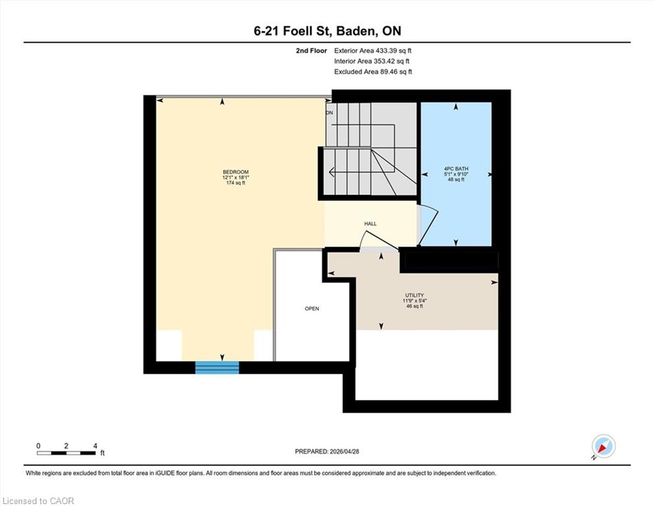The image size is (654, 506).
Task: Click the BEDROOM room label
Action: coord(236,172)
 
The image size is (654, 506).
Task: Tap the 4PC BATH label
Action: coord(456,169)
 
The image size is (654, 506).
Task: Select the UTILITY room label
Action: coord(414,295)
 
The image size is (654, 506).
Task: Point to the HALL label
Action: coord(370,223)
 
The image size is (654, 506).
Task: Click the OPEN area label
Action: coord(312,309)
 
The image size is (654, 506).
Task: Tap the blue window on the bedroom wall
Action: coord(217,368)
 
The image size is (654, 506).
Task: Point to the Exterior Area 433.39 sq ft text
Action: coord(373,51)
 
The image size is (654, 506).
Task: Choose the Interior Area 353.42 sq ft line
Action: coord(371,61)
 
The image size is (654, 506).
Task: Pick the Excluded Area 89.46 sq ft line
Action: coord(373,72)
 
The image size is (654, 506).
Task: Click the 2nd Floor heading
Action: coord(312,51)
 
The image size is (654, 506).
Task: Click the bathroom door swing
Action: coord(429,225)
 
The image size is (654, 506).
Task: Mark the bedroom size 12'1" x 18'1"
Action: coord(236,177)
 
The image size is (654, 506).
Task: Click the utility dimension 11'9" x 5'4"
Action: coord(414,300)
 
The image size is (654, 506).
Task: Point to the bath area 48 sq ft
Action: coord(456,179)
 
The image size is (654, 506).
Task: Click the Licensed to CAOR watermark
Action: coord(38,501)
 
